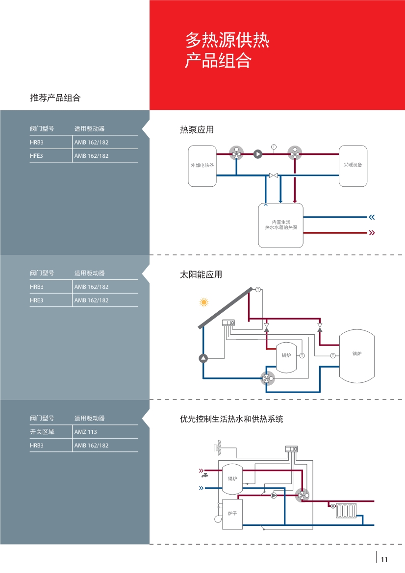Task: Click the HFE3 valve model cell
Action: (37, 156)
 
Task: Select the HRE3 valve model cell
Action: (37, 300)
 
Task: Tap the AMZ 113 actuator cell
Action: (85, 431)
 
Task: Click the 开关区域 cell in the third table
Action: (42, 431)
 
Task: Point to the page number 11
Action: (384, 559)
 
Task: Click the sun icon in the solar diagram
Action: (204, 302)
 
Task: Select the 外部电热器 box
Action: (202, 166)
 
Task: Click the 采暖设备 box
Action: (353, 166)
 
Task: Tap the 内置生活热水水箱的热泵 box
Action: (281, 225)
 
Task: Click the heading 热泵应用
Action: (197, 130)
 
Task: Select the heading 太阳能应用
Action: (201, 274)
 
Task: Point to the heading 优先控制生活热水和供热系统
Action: (231, 419)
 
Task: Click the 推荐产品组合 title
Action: (55, 98)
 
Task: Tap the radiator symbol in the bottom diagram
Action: (346, 511)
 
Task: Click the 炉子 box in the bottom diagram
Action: (232, 514)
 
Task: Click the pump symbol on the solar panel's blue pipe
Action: (203, 358)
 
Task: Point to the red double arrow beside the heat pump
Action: (372, 233)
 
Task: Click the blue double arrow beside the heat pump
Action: (372, 217)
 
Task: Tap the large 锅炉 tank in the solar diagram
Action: (357, 356)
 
